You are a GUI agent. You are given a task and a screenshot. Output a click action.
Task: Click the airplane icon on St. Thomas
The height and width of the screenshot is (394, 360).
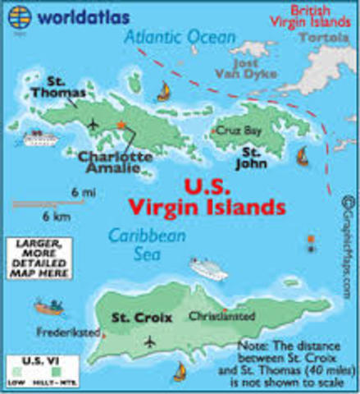click(x=93, y=125)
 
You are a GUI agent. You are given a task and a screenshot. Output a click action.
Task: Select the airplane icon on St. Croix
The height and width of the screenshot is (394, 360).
click(x=149, y=341)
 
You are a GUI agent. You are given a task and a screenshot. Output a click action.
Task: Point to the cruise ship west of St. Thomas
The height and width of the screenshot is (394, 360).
click(x=37, y=139)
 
